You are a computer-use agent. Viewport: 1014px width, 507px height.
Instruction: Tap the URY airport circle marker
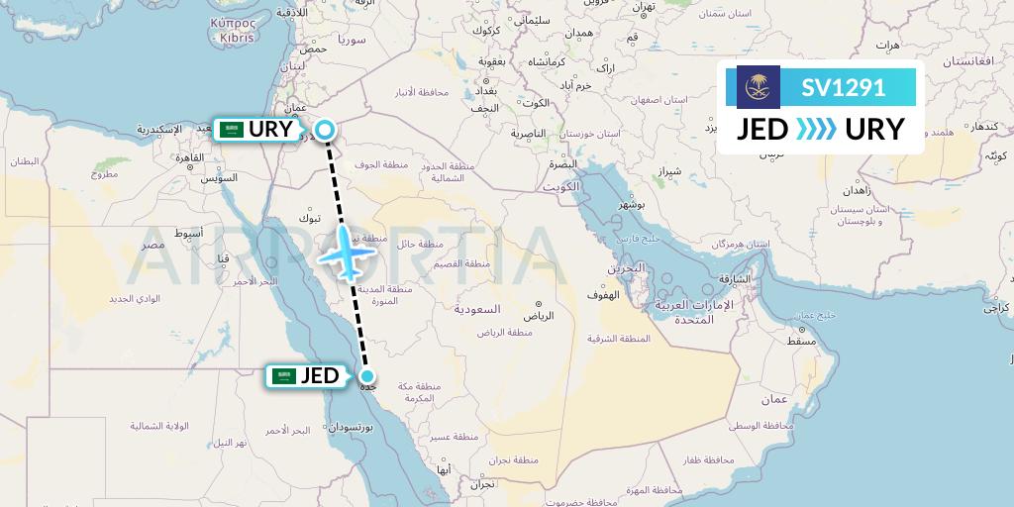[325, 129]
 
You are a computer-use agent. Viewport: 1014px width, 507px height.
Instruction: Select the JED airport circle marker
[367, 375]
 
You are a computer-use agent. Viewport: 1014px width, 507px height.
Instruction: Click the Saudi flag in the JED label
[285, 376]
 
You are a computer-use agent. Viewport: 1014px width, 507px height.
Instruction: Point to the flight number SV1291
[843, 87]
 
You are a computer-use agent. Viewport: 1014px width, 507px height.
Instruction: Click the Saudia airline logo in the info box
[759, 87]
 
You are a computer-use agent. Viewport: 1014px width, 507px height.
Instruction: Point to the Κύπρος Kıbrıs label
[234, 29]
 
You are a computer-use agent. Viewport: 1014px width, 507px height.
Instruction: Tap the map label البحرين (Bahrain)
[626, 268]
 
